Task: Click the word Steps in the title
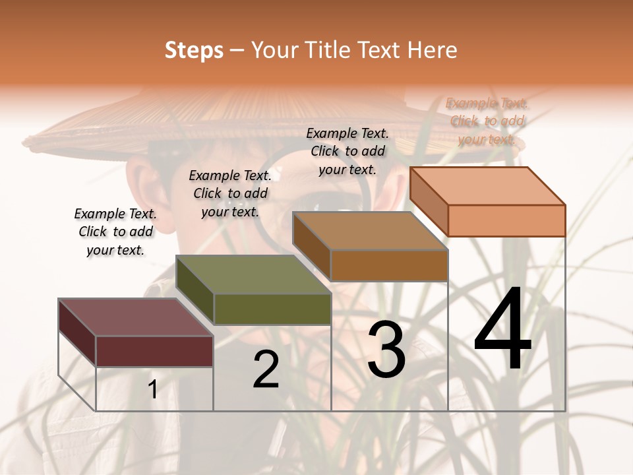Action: [194, 51]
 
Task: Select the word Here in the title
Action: [432, 50]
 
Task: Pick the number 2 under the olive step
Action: [266, 369]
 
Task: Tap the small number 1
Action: [153, 390]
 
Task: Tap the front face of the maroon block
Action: [154, 351]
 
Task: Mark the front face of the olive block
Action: [272, 309]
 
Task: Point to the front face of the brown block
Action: [389, 265]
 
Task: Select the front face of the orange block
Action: [506, 220]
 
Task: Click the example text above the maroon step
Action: [115, 232]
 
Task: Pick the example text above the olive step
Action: [230, 193]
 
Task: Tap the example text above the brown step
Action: [347, 151]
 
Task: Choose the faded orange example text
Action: [487, 121]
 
